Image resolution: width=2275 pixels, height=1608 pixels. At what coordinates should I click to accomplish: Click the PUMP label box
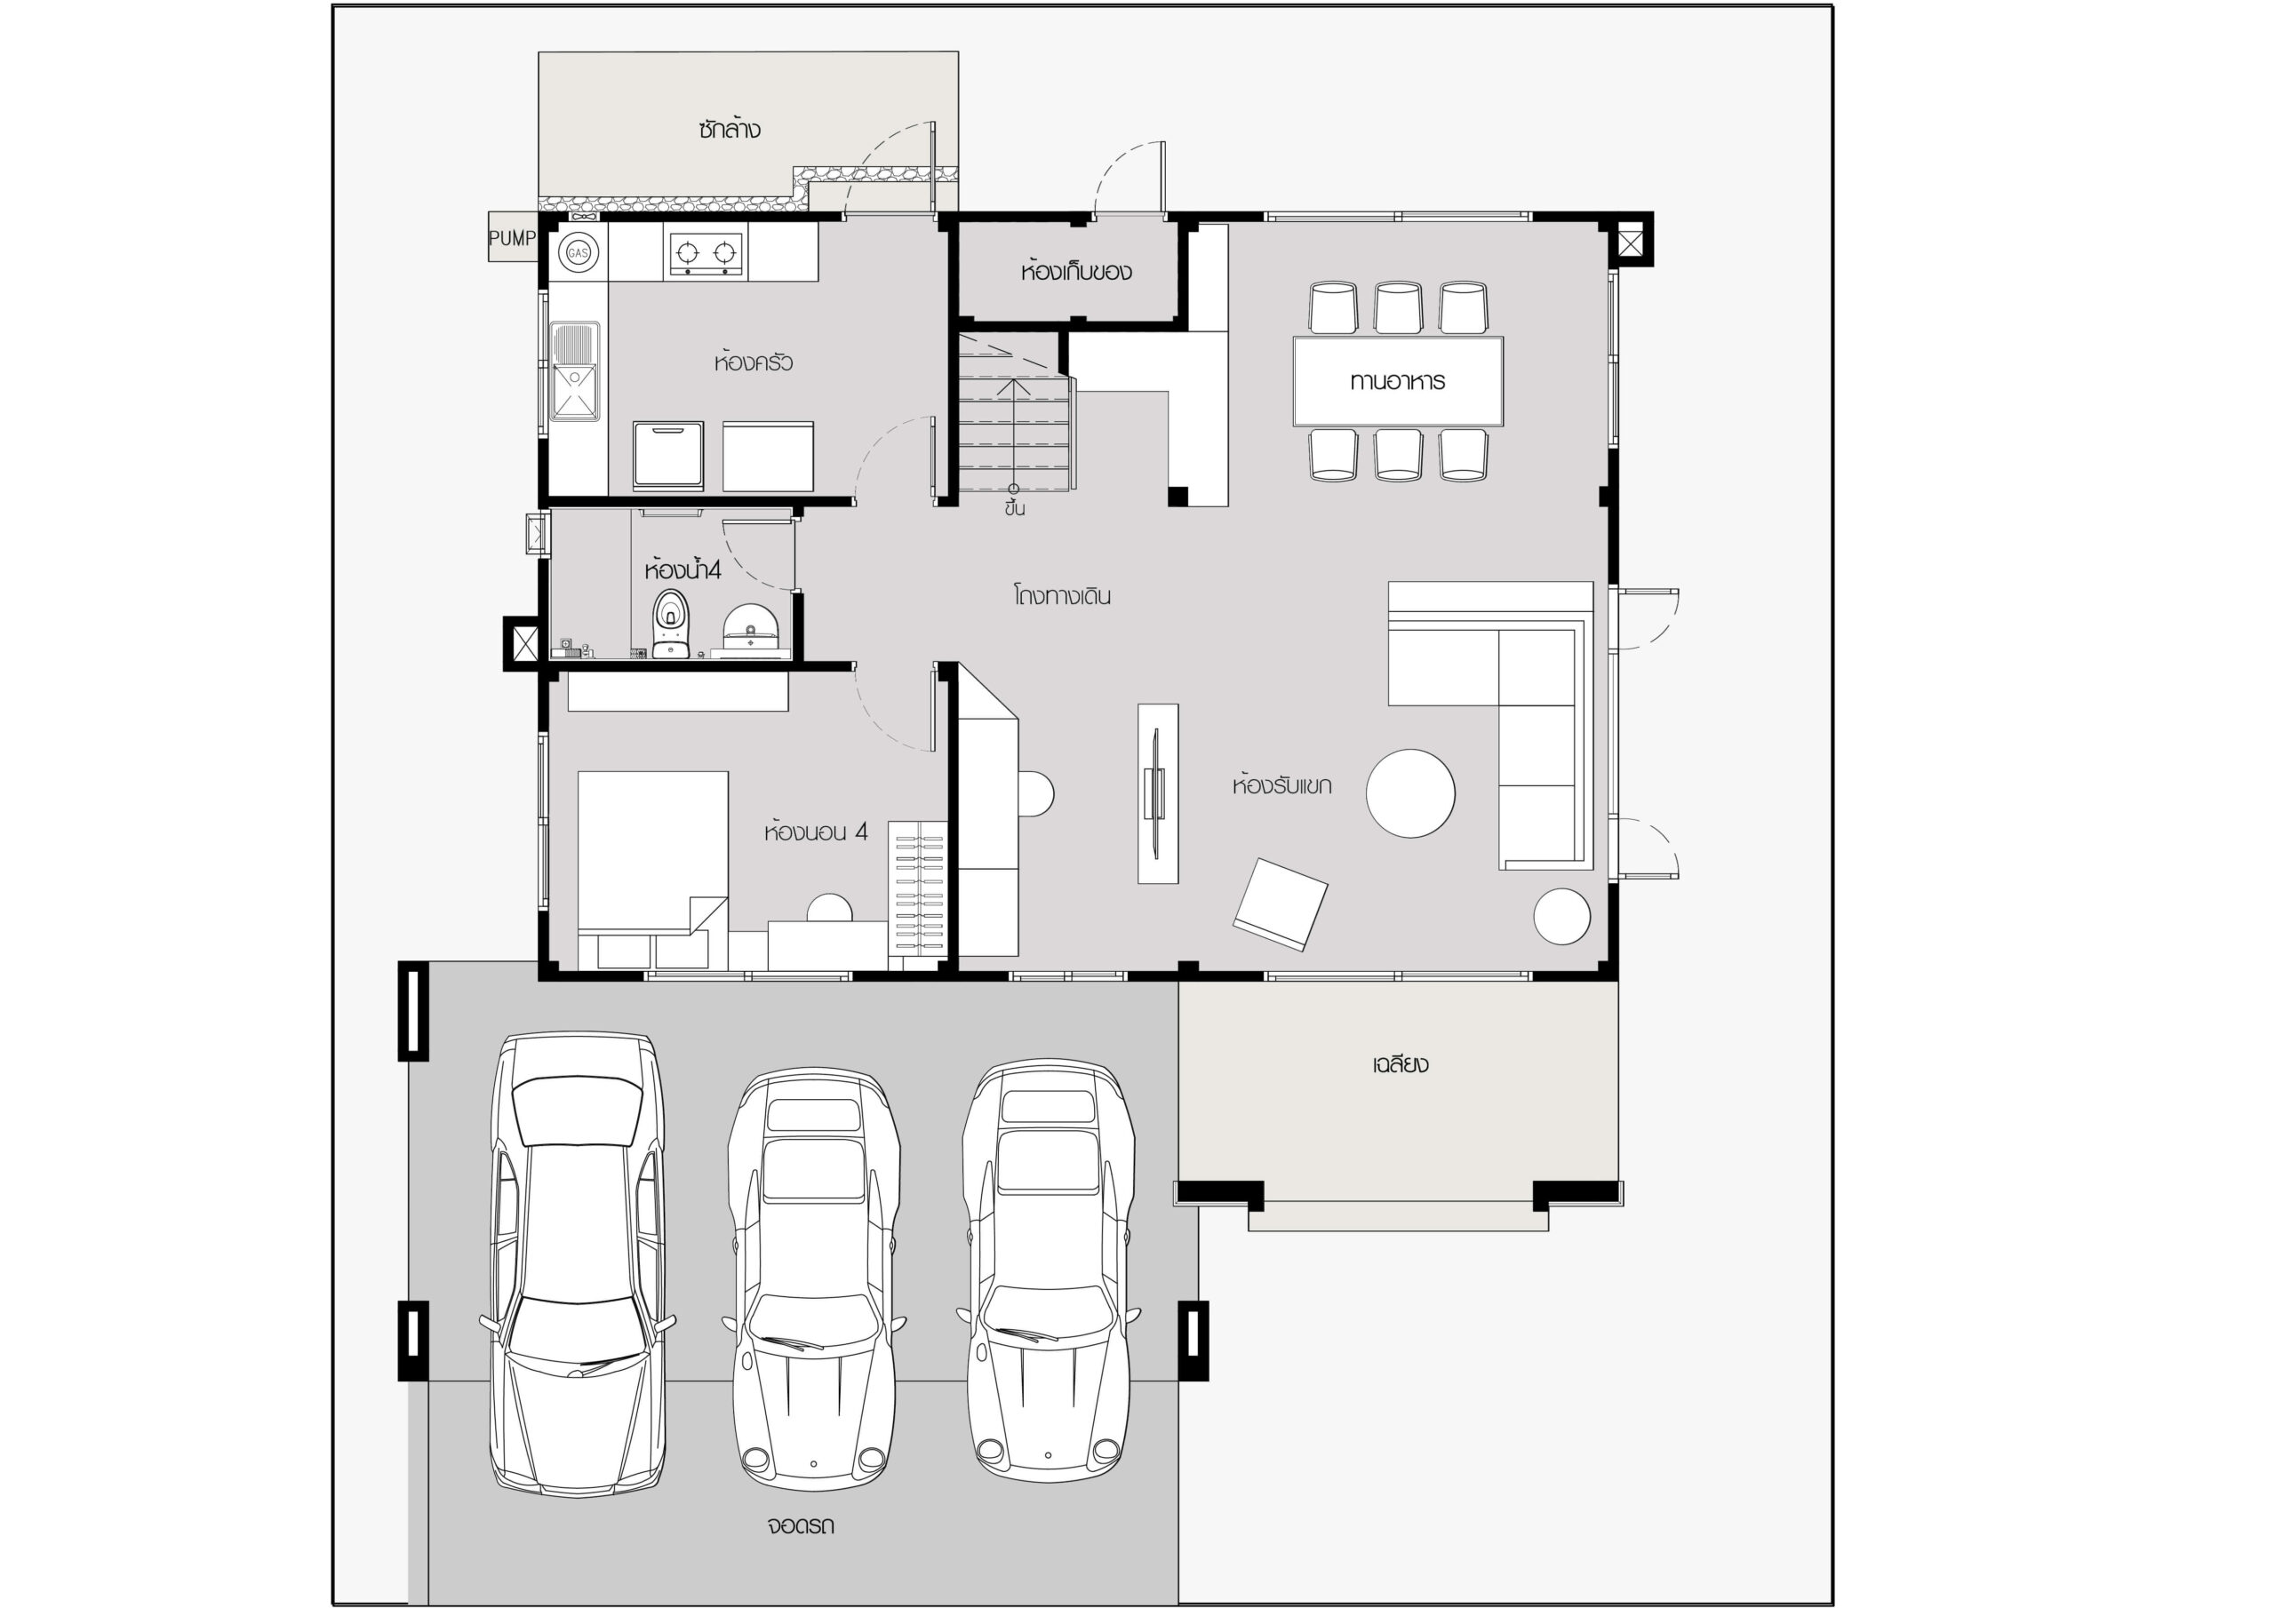(512, 238)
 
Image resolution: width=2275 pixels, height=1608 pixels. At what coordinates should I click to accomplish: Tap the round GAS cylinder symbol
(578, 253)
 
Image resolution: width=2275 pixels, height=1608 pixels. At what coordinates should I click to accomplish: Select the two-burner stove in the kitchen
(706, 252)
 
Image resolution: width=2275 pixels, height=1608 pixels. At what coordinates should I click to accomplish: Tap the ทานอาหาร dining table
(1398, 381)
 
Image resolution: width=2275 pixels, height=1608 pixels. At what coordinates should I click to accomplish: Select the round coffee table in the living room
(1411, 793)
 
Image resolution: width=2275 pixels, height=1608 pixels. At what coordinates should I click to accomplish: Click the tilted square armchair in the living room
(1281, 904)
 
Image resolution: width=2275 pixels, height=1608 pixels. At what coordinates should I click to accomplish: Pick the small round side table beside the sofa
(1562, 917)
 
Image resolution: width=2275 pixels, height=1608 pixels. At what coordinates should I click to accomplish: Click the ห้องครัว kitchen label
(753, 362)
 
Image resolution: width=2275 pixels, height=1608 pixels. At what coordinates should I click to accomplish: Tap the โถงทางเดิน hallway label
(1061, 596)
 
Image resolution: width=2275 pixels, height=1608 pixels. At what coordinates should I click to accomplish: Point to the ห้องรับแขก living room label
(1281, 785)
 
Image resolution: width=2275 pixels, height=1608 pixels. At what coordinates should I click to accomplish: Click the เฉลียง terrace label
(1400, 1065)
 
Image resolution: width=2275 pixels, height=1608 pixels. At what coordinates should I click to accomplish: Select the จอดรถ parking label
(801, 1524)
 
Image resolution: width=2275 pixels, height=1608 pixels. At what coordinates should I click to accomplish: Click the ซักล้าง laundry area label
(730, 129)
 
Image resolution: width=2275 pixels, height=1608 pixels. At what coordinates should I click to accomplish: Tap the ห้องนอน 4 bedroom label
(816, 832)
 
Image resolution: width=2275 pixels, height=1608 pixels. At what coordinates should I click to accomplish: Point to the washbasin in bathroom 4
(750, 629)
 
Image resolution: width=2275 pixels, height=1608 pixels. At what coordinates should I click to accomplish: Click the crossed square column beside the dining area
(1630, 240)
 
